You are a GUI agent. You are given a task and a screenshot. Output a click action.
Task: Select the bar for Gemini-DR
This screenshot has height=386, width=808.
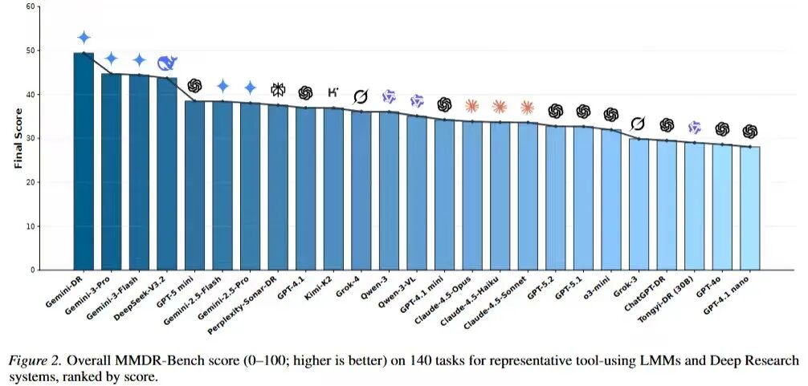pos(84,160)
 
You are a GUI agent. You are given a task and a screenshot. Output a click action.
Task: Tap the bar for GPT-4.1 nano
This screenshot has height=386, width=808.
pos(750,208)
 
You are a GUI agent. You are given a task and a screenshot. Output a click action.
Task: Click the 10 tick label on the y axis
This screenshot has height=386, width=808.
pos(31,226)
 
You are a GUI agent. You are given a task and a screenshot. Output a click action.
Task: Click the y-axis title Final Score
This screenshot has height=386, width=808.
pos(17,139)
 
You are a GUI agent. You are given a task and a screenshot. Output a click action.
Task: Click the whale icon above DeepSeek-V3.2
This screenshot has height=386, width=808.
pos(167,63)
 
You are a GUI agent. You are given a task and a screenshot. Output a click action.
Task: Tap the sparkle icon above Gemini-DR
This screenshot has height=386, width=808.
pos(84,38)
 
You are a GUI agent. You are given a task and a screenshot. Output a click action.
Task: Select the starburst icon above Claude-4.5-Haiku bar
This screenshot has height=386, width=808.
pos(500,106)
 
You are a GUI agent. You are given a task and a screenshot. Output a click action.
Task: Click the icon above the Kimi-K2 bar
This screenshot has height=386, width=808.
pos(333,91)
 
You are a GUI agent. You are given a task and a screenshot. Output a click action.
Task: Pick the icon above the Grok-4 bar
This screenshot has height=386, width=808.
pos(361,96)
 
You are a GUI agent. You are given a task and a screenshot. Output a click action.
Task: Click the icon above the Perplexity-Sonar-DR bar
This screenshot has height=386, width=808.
pos(278,89)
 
